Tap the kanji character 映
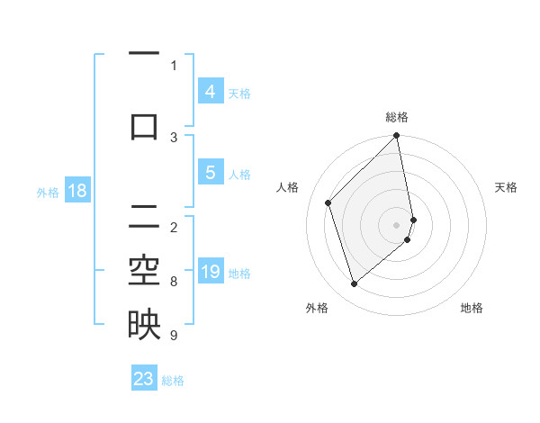tap(144, 325)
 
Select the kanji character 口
tap(144, 125)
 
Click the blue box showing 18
tap(76, 191)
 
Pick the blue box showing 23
tap(144, 379)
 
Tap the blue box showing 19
tap(211, 272)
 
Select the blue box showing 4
tap(210, 91)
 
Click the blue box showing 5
tap(210, 173)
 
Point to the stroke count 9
tap(173, 336)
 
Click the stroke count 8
tap(173, 282)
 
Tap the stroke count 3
tap(173, 137)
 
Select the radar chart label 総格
tap(397, 117)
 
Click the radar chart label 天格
tap(506, 187)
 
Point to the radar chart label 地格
tap(472, 308)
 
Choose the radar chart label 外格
tap(317, 308)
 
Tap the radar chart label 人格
tap(288, 187)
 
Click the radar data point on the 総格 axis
tap(397, 137)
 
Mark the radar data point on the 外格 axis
tap(354, 284)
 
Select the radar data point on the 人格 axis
tap(328, 202)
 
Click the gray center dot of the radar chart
tap(397, 224)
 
